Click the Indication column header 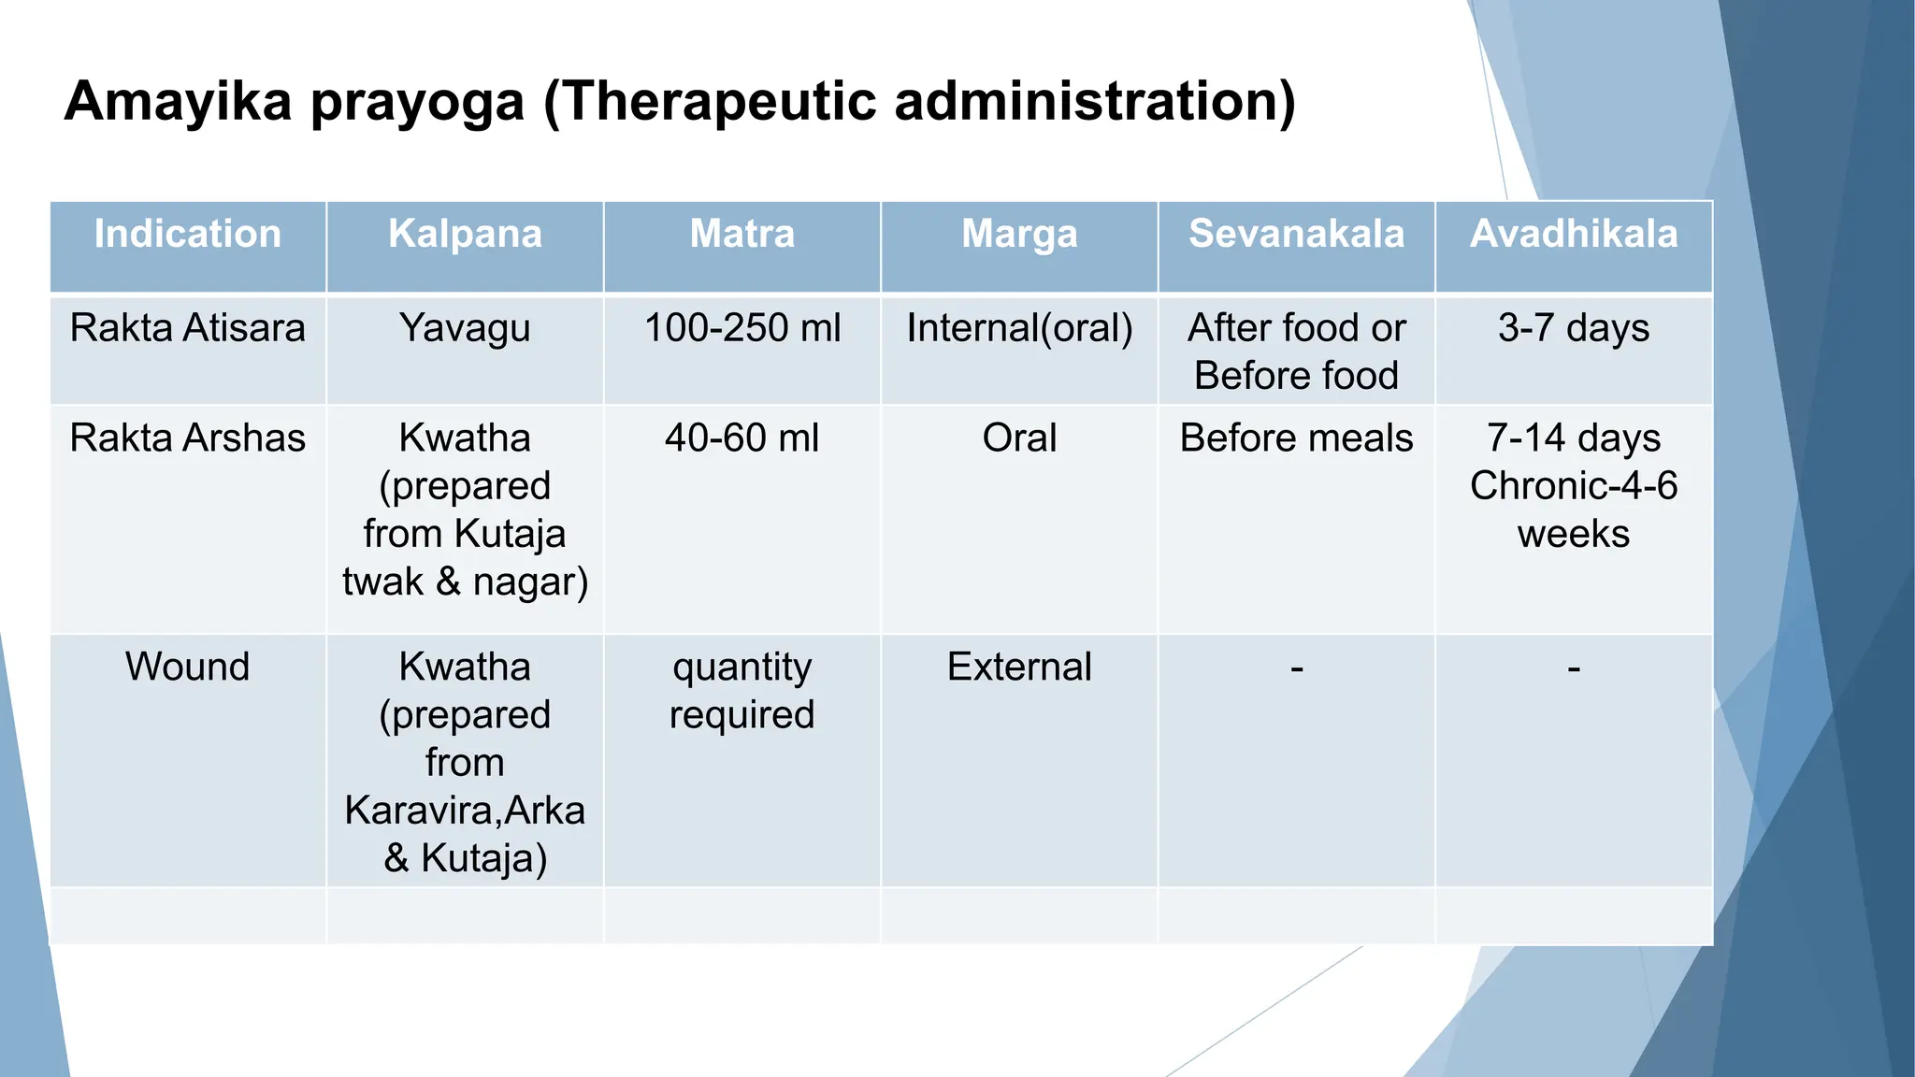click(188, 234)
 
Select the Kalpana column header click(465, 234)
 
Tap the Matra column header click(742, 234)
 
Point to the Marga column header click(1019, 234)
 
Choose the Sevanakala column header click(1296, 234)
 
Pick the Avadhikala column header click(1574, 234)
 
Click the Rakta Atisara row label click(188, 328)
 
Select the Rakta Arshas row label click(188, 438)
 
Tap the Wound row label click(188, 668)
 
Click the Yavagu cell click(465, 329)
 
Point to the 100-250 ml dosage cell click(742, 328)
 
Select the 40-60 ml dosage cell click(742, 438)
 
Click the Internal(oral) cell click(1019, 328)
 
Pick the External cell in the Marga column click(1019, 668)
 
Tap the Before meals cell click(1296, 438)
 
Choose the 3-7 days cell click(1574, 328)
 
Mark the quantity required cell click(742, 691)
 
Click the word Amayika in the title click(179, 101)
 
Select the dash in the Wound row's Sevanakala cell click(1296, 669)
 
